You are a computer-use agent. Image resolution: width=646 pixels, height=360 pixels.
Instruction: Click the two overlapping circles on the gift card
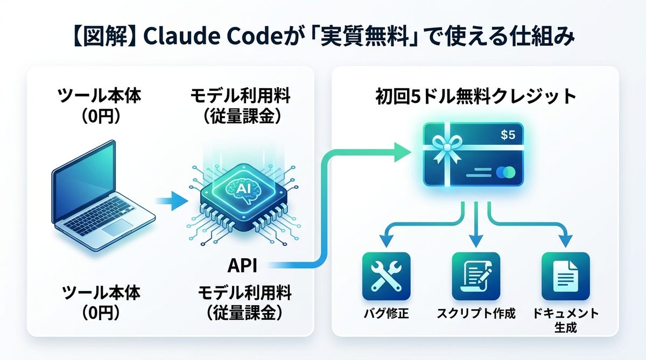point(507,173)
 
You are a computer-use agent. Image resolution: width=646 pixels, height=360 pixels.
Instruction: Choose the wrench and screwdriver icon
point(386,276)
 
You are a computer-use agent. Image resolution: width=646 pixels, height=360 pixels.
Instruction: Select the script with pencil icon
point(475,276)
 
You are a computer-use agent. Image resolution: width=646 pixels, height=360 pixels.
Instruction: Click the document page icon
point(566,276)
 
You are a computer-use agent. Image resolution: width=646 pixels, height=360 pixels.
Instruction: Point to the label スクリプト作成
point(475,314)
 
